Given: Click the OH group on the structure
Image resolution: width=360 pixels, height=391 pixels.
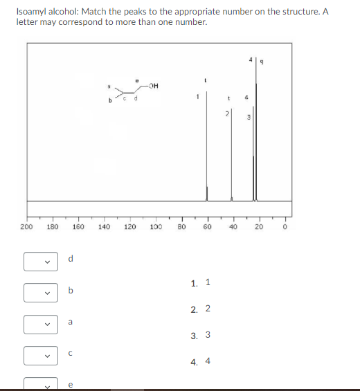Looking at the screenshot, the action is pyautogui.click(x=154, y=87).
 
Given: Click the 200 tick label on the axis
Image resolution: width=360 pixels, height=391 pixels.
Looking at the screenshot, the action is pyautogui.click(x=26, y=226).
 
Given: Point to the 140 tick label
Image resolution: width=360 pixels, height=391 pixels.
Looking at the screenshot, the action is pyautogui.click(x=103, y=226).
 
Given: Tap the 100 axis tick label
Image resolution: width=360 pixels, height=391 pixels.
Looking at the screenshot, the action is pyautogui.click(x=155, y=226).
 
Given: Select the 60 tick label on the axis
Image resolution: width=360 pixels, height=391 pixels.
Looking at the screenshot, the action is pyautogui.click(x=206, y=226).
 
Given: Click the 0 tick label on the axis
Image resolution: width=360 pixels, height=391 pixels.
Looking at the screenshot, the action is pyautogui.click(x=284, y=226).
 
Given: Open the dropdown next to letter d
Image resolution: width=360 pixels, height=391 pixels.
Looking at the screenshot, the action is pyautogui.click(x=38, y=262).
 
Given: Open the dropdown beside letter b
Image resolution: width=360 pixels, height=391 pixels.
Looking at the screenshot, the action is pyautogui.click(x=38, y=293).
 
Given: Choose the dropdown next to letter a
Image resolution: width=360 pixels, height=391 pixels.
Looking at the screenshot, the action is pyautogui.click(x=38, y=324).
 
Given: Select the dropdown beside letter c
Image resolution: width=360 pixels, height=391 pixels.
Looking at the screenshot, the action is pyautogui.click(x=38, y=355).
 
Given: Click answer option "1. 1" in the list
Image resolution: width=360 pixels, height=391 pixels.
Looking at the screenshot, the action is pyautogui.click(x=200, y=282).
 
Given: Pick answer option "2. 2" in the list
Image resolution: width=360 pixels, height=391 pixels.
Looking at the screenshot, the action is pyautogui.click(x=200, y=309).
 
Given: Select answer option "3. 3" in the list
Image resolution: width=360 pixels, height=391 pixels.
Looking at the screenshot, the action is pyautogui.click(x=200, y=335).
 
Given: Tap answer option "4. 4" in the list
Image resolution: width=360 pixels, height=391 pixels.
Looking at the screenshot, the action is pyautogui.click(x=200, y=361).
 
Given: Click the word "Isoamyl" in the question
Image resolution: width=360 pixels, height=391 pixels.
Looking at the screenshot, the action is pyautogui.click(x=32, y=12).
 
